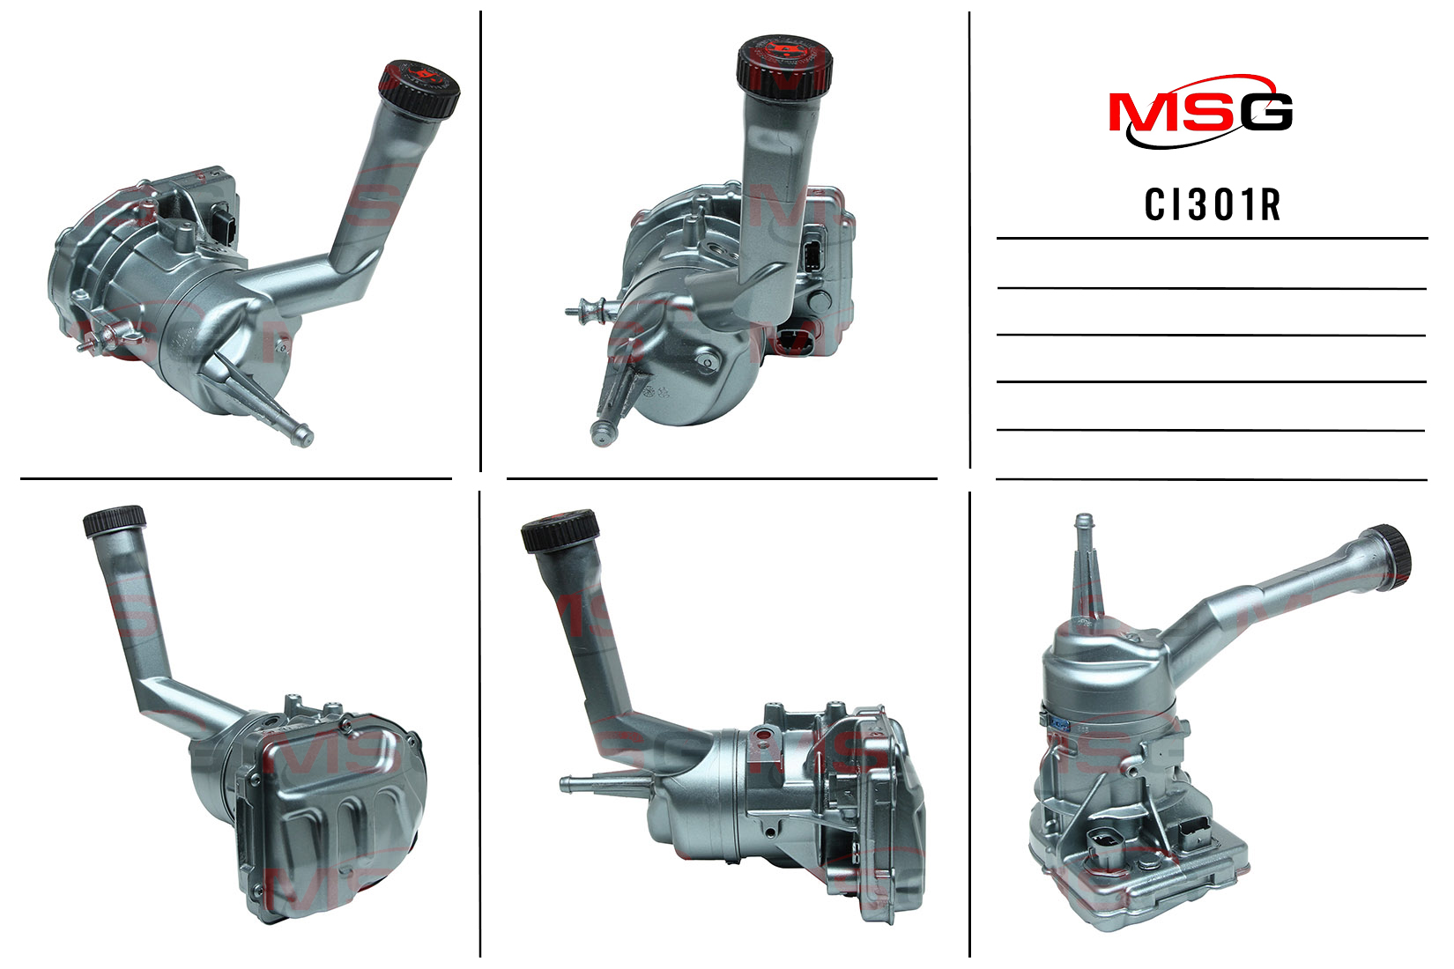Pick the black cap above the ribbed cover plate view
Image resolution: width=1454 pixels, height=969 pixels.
(x=115, y=521)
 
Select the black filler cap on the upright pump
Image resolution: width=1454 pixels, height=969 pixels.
(x=1392, y=558)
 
